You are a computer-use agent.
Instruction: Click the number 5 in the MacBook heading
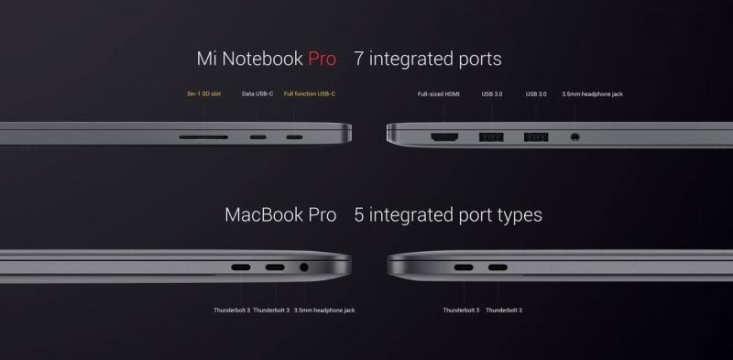(359, 216)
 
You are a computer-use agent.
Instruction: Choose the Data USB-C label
(257, 94)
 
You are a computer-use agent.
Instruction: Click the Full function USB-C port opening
(295, 138)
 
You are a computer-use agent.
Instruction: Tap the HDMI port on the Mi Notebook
(445, 138)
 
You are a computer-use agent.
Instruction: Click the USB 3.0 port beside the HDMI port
(491, 138)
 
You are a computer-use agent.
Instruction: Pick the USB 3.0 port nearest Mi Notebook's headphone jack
(536, 138)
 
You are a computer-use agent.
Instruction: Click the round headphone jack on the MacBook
(304, 269)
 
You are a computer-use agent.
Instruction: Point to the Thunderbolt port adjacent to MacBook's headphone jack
(275, 269)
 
